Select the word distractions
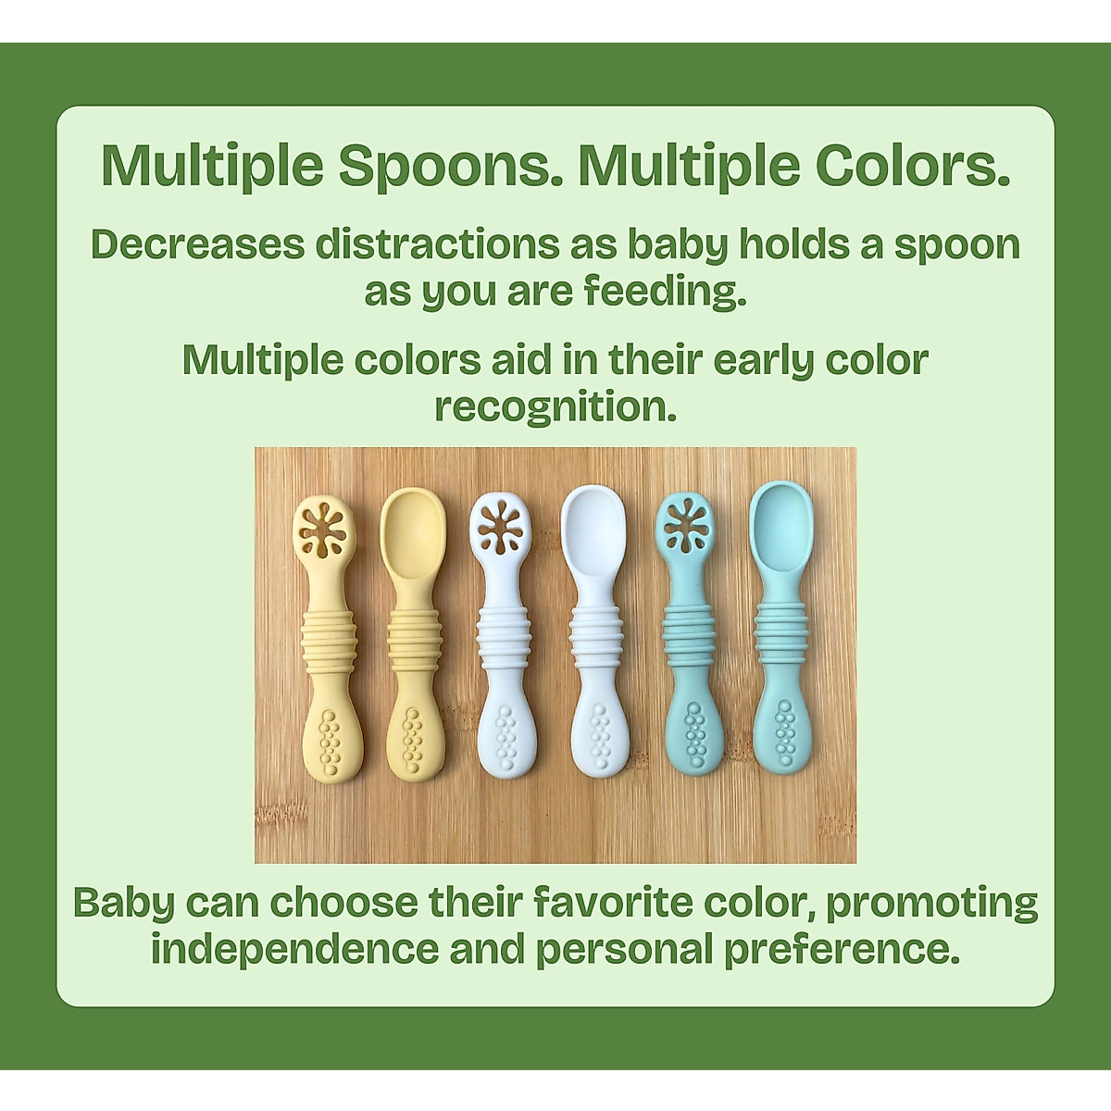[437, 244]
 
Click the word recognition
[555, 407]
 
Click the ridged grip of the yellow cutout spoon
[326, 643]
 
